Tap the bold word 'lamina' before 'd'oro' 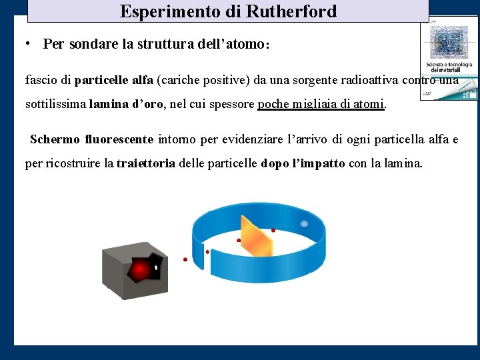(109, 104)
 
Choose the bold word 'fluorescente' (119, 139)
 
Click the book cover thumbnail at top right (448, 59)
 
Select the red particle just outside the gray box (185, 259)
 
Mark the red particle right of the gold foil (273, 230)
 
